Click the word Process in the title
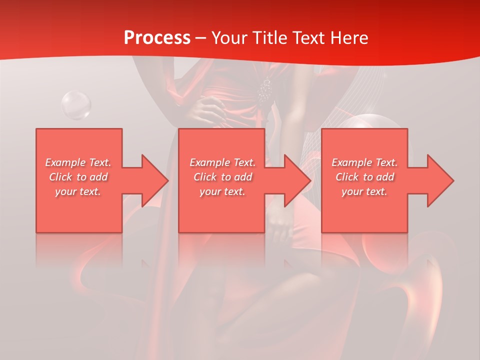tap(157, 38)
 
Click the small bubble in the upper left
tap(76, 105)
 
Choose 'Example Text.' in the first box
tap(78, 162)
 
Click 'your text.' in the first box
tap(78, 191)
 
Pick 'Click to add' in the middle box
tap(222, 177)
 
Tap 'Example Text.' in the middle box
tap(222, 162)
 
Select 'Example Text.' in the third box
tap(364, 162)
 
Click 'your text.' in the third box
tap(364, 191)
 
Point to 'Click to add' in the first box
tap(78, 177)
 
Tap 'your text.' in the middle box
tap(222, 191)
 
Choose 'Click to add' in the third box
tap(364, 177)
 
